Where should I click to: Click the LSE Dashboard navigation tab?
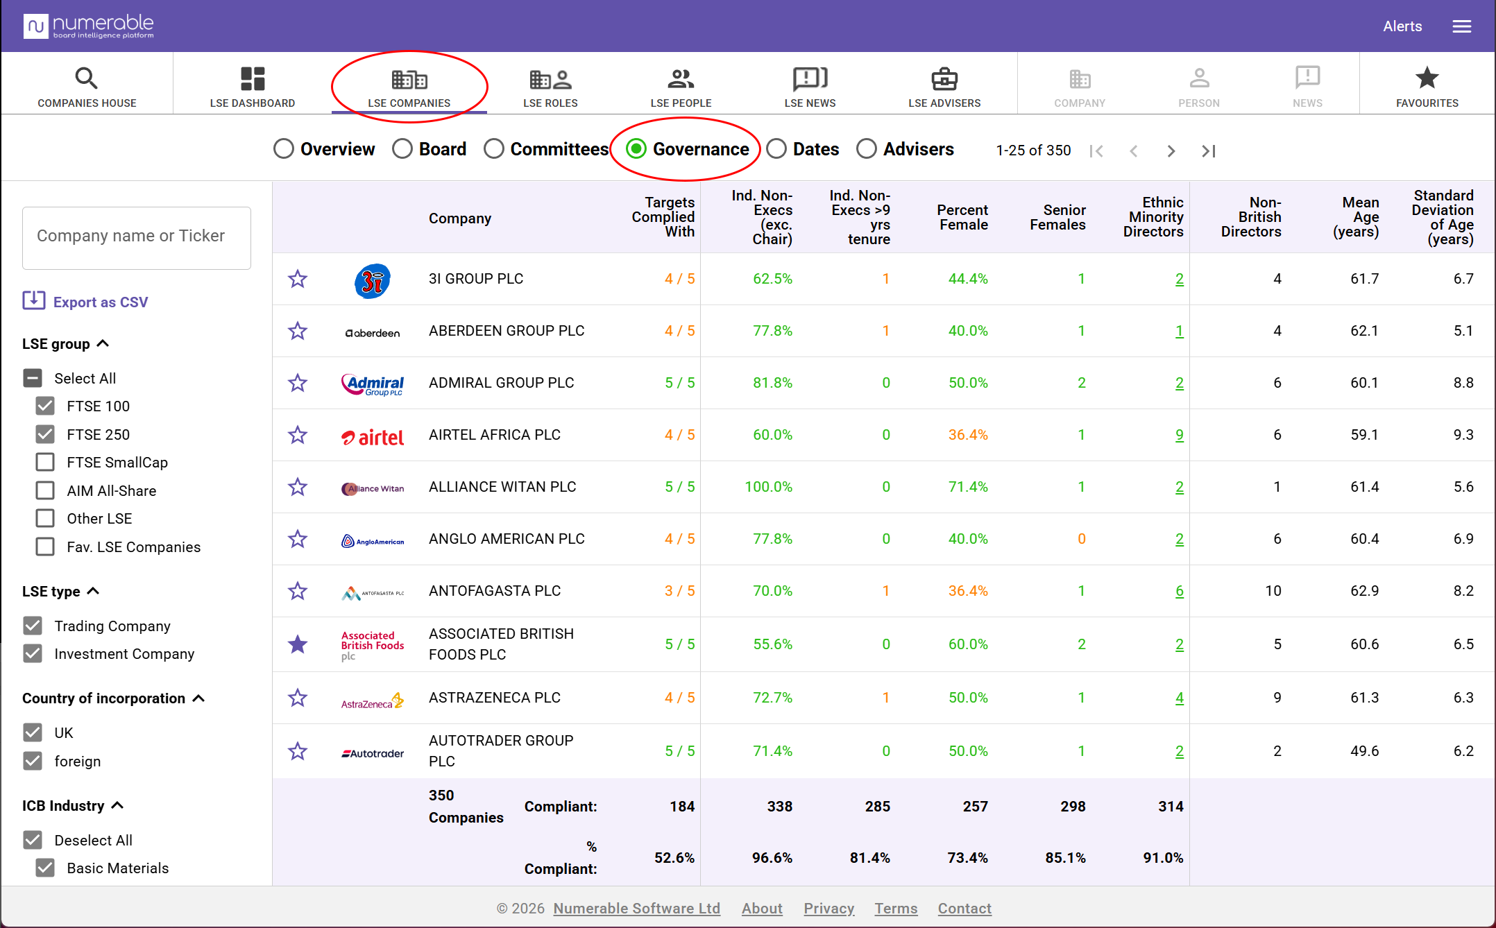pyautogui.click(x=253, y=87)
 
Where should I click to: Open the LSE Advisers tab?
pyautogui.click(x=944, y=87)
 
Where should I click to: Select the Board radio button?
pyautogui.click(x=402, y=149)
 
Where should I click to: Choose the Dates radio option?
pyautogui.click(x=776, y=149)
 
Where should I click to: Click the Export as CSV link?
pyautogui.click(x=85, y=302)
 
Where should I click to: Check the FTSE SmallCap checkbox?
pyautogui.click(x=45, y=462)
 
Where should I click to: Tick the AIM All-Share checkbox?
pyautogui.click(x=45, y=490)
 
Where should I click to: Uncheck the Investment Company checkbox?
pyautogui.click(x=33, y=653)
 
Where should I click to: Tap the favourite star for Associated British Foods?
pyautogui.click(x=298, y=644)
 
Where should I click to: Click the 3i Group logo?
pyautogui.click(x=373, y=281)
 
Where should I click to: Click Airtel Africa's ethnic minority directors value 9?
pyautogui.click(x=1179, y=435)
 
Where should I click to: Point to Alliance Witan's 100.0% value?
pyautogui.click(x=768, y=487)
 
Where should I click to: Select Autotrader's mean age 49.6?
pyautogui.click(x=1364, y=751)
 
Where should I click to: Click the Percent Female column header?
pyautogui.click(x=962, y=217)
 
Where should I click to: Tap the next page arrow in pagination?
pyautogui.click(x=1171, y=151)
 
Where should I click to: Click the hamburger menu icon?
pyautogui.click(x=1462, y=26)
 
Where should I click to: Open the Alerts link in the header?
pyautogui.click(x=1402, y=26)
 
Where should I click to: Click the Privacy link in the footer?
pyautogui.click(x=828, y=908)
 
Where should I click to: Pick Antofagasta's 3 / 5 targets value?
pyautogui.click(x=679, y=591)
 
